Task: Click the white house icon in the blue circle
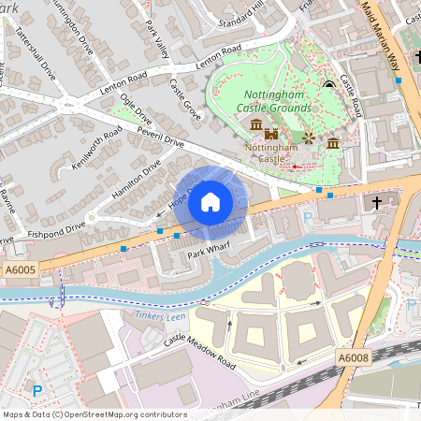(x=210, y=201)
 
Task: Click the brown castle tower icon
(x=273, y=135)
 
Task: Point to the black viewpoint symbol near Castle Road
(x=328, y=87)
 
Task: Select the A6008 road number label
(x=352, y=357)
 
